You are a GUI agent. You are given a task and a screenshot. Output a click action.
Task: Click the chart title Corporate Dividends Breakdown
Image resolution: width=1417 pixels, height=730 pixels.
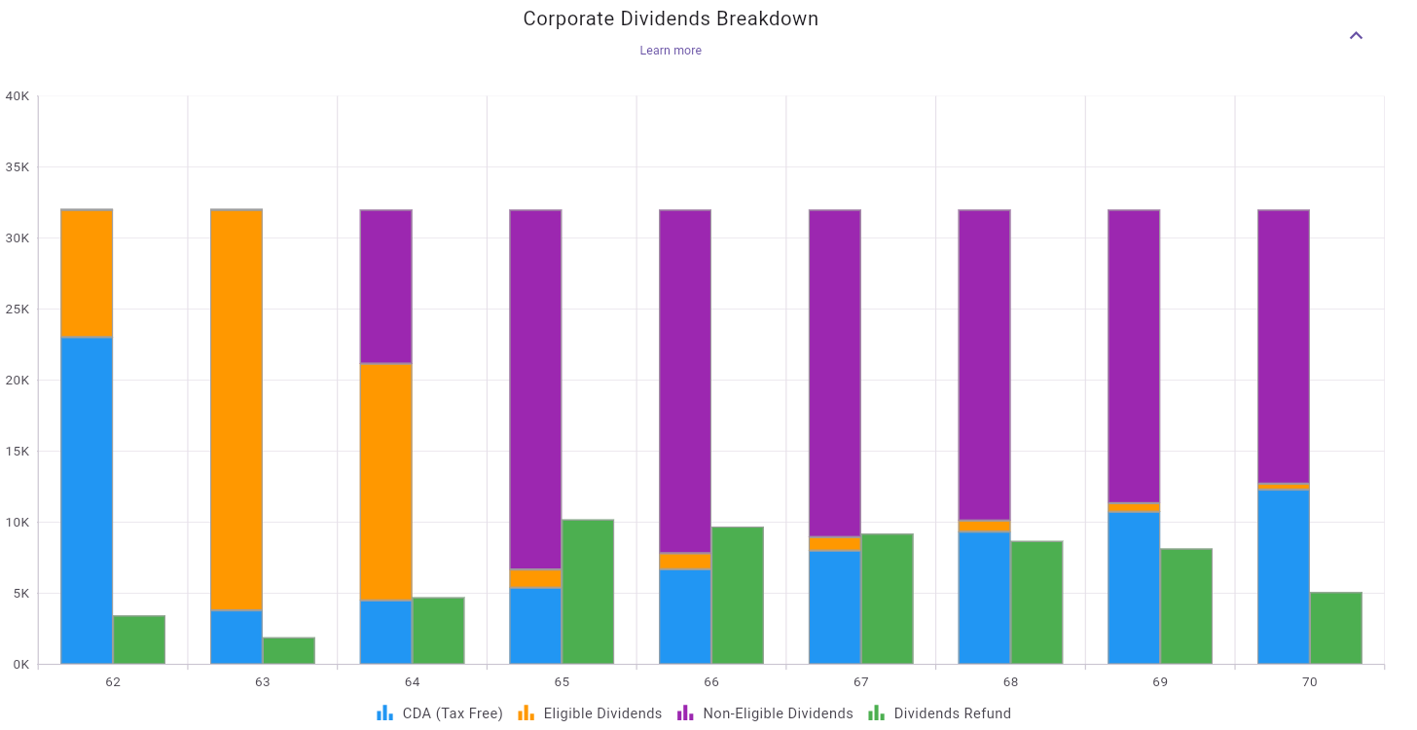[x=671, y=18]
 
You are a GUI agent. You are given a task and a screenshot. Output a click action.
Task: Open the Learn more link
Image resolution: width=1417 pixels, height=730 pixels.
[x=671, y=51]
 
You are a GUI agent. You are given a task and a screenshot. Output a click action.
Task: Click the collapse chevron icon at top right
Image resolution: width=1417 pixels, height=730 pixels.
[x=1356, y=36]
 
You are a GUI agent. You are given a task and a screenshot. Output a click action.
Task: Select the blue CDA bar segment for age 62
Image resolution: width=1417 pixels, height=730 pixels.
[x=87, y=500]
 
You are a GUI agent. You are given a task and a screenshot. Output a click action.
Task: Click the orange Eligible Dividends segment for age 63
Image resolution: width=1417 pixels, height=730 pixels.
[x=236, y=410]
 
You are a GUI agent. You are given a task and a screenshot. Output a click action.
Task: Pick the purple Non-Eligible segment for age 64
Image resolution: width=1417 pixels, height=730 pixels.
[x=386, y=286]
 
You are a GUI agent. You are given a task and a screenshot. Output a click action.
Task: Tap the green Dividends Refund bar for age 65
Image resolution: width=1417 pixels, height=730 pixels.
[x=588, y=592]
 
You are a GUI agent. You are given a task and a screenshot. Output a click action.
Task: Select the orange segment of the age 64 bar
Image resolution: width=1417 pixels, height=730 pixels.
[x=386, y=482]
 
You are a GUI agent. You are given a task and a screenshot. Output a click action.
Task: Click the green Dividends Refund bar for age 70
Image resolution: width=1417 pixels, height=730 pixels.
[x=1335, y=628]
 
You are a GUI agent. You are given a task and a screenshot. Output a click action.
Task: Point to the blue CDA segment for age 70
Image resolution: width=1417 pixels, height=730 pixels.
[x=1284, y=576]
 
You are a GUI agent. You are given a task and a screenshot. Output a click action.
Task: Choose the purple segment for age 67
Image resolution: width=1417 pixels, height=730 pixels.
[x=835, y=373]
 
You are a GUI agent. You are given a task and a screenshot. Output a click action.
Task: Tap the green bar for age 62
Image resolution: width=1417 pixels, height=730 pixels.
[x=139, y=639]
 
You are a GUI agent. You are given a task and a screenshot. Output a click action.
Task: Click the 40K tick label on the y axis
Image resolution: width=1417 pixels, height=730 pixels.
[x=18, y=95]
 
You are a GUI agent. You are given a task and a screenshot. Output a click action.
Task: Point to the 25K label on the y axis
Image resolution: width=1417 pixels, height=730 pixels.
[x=18, y=309]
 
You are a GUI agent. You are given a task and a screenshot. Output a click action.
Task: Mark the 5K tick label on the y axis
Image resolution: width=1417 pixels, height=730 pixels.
[x=20, y=593]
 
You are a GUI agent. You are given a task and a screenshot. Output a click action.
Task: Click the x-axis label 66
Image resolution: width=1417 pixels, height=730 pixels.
[x=711, y=682]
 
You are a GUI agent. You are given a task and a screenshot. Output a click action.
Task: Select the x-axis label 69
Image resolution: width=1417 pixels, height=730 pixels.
[x=1160, y=682]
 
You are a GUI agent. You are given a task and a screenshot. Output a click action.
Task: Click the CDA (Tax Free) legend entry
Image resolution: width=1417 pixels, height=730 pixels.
[x=440, y=713]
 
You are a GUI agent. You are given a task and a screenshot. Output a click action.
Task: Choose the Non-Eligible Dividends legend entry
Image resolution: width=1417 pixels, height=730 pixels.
[x=765, y=713]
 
